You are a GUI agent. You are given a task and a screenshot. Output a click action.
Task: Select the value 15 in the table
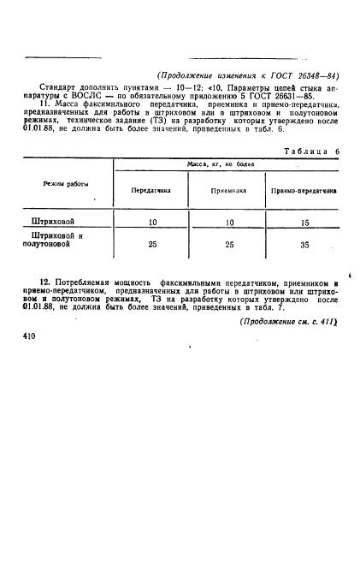point(304,222)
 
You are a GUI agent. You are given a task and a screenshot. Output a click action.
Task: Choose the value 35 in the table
point(304,245)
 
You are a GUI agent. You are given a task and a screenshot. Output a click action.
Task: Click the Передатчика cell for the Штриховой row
point(153,222)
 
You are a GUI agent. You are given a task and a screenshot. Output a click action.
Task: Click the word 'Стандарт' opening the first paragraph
point(60,86)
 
